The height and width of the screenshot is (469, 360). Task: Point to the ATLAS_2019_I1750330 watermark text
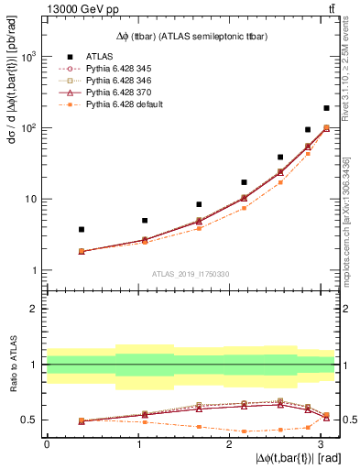191,274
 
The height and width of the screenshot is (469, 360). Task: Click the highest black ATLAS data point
326,108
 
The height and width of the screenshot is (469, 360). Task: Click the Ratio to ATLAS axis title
12,366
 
